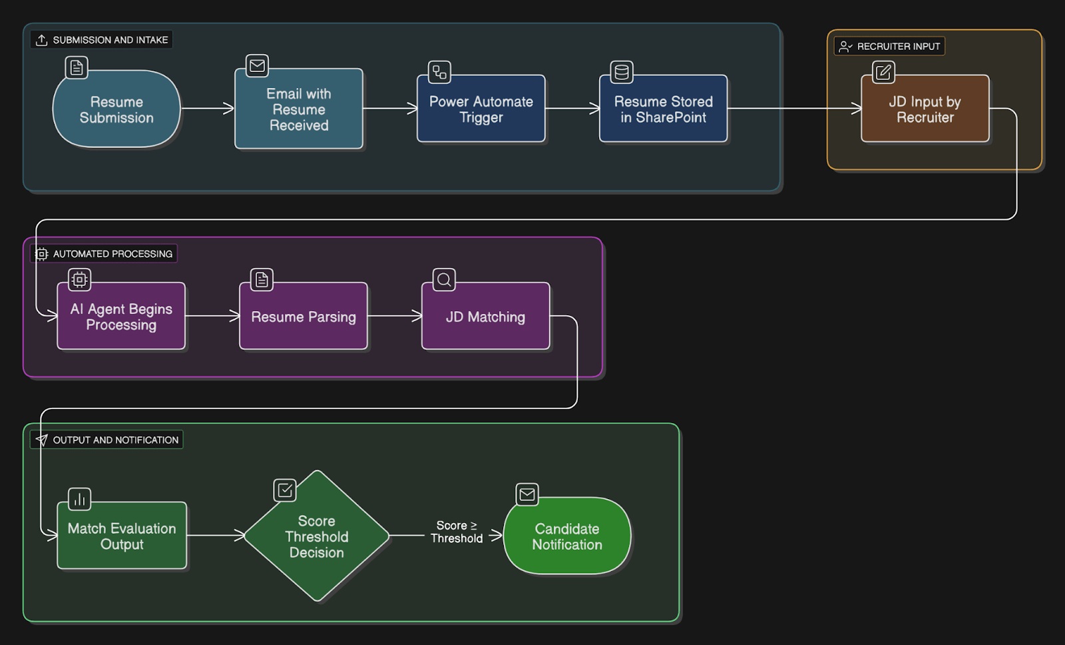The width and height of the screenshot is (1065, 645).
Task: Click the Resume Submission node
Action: (116, 109)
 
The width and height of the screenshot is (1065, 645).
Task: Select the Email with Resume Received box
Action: (299, 109)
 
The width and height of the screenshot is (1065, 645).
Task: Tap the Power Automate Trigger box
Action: (481, 109)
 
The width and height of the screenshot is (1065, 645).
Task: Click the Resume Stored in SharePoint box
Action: (663, 109)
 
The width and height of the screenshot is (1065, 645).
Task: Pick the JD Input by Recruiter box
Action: (925, 109)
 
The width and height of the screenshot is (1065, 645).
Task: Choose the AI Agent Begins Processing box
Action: (121, 317)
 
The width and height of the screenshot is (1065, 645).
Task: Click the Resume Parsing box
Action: (304, 317)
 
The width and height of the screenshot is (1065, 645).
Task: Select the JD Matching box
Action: (485, 317)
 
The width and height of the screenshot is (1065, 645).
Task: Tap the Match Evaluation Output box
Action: (122, 536)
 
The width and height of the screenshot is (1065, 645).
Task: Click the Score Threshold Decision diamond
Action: (317, 536)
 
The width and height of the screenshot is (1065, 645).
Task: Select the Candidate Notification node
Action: (567, 536)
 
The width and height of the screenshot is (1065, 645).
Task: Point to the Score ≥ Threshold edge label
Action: (457, 532)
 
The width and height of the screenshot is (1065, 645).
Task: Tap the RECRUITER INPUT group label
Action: (890, 46)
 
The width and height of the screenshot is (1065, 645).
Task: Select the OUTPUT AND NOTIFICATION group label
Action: (107, 440)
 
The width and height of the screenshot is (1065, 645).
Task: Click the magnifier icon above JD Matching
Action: (444, 280)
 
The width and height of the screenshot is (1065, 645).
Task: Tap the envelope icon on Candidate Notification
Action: (527, 494)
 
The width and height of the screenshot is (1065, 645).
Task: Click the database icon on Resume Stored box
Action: (622, 72)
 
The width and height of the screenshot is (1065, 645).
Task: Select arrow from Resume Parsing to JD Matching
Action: (394, 316)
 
